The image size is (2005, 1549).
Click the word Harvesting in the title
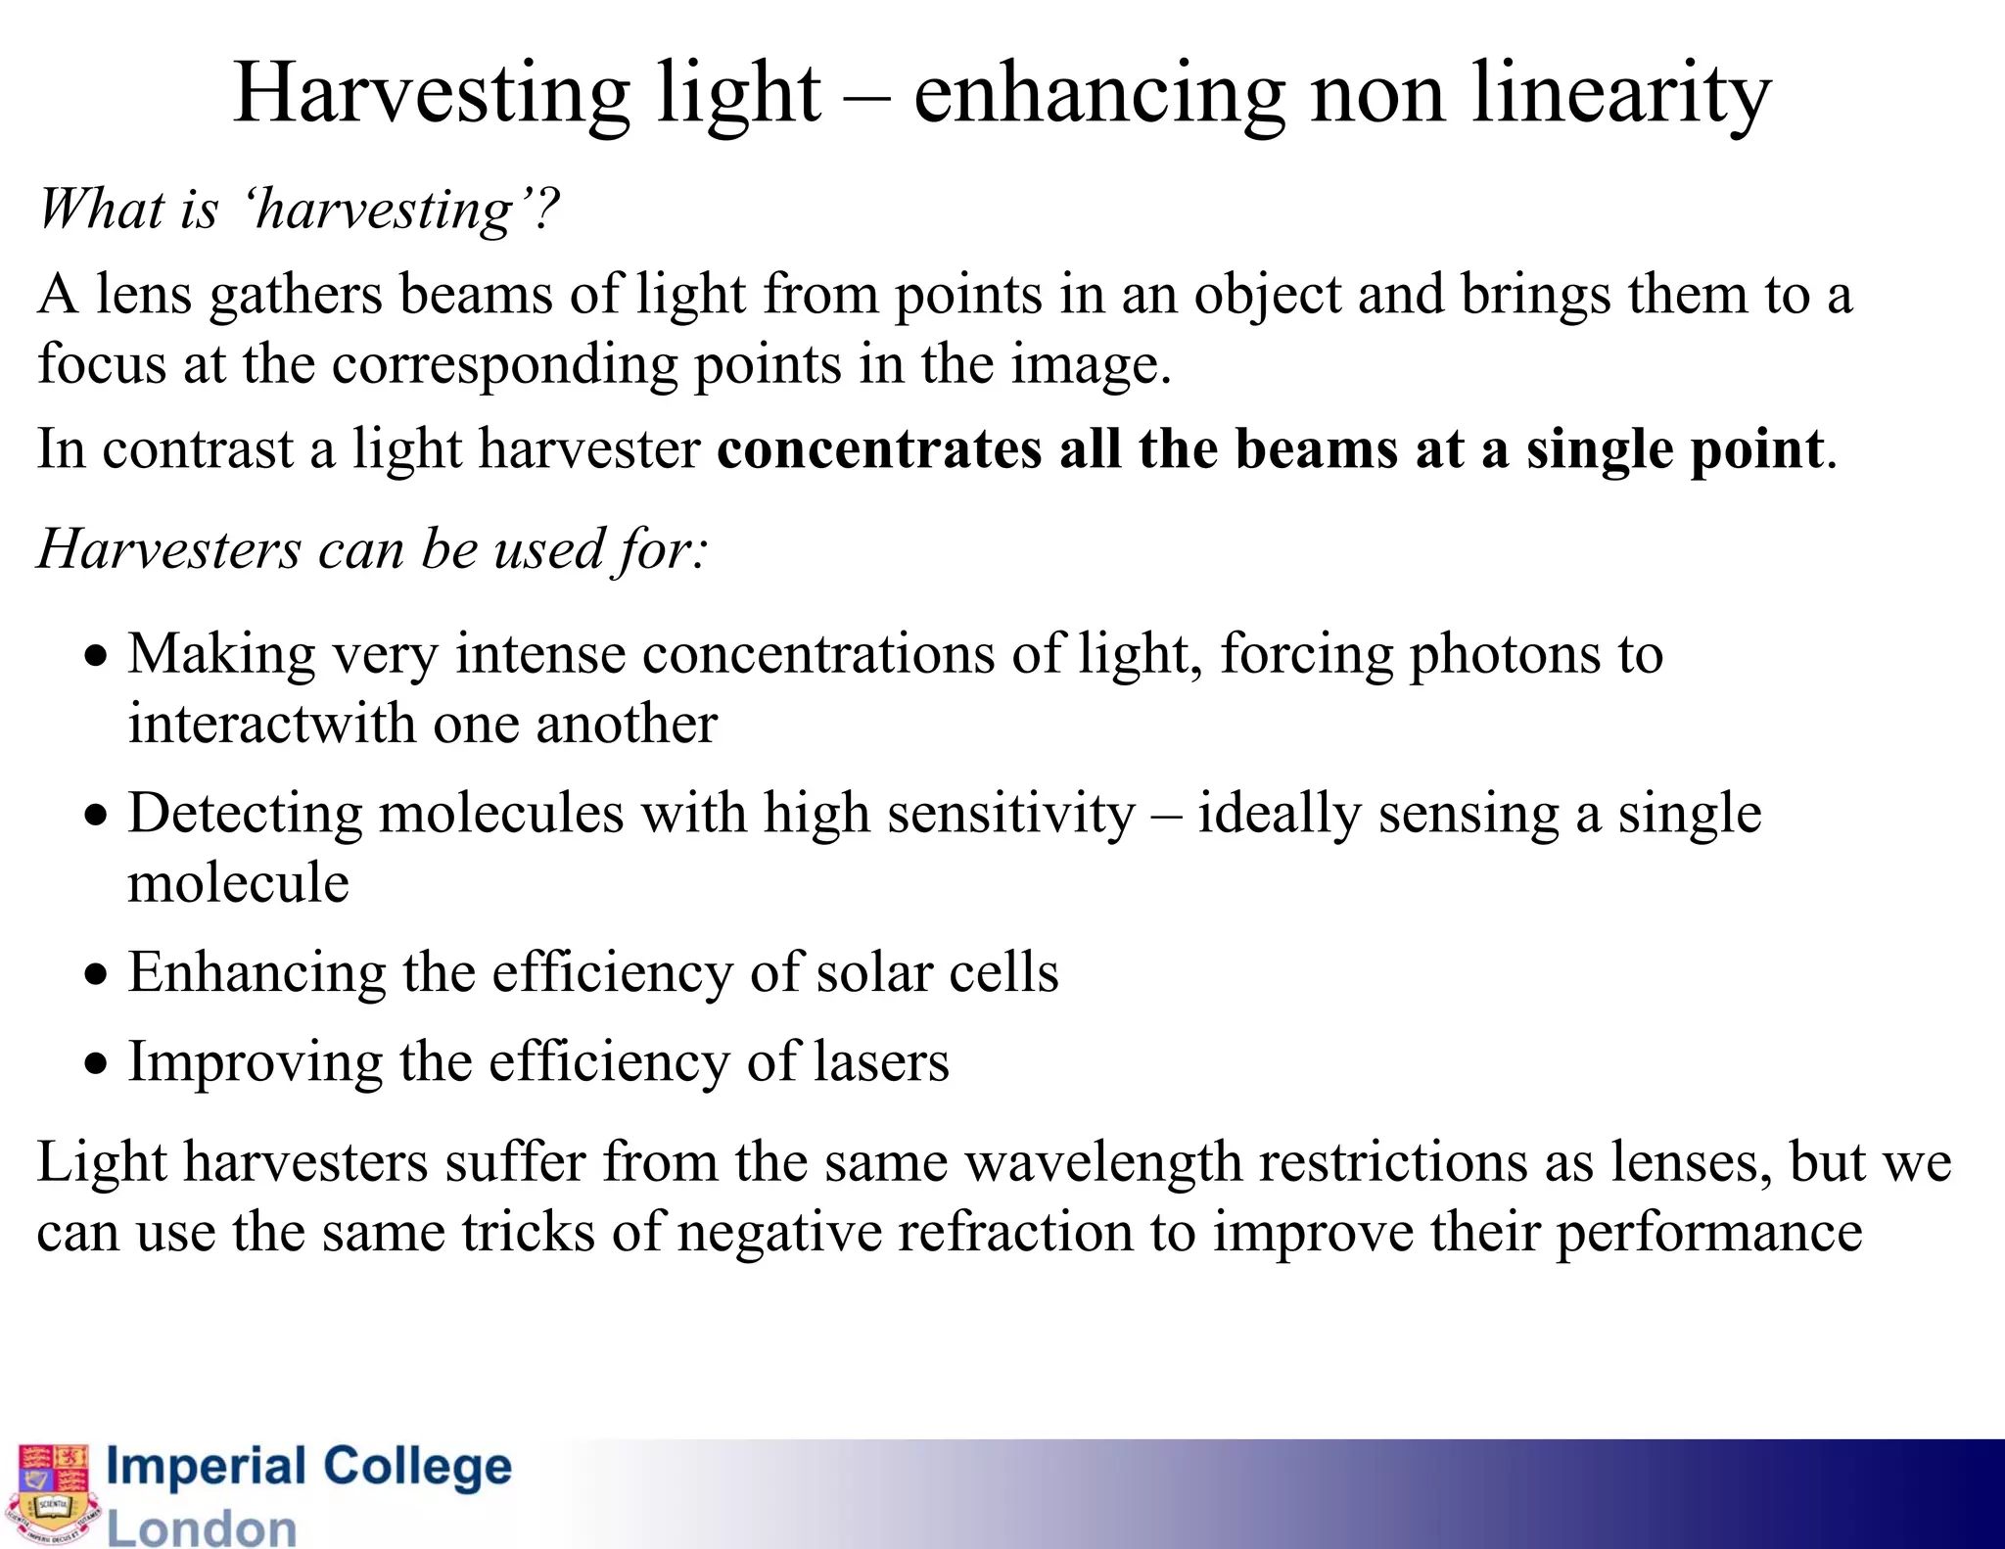point(431,94)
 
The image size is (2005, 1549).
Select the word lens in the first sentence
point(143,294)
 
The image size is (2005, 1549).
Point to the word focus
point(102,364)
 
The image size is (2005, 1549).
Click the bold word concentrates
point(879,449)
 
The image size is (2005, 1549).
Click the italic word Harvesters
point(168,548)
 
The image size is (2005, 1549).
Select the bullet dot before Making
point(95,655)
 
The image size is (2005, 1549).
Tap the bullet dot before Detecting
point(95,815)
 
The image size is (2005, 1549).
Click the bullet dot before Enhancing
point(95,974)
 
